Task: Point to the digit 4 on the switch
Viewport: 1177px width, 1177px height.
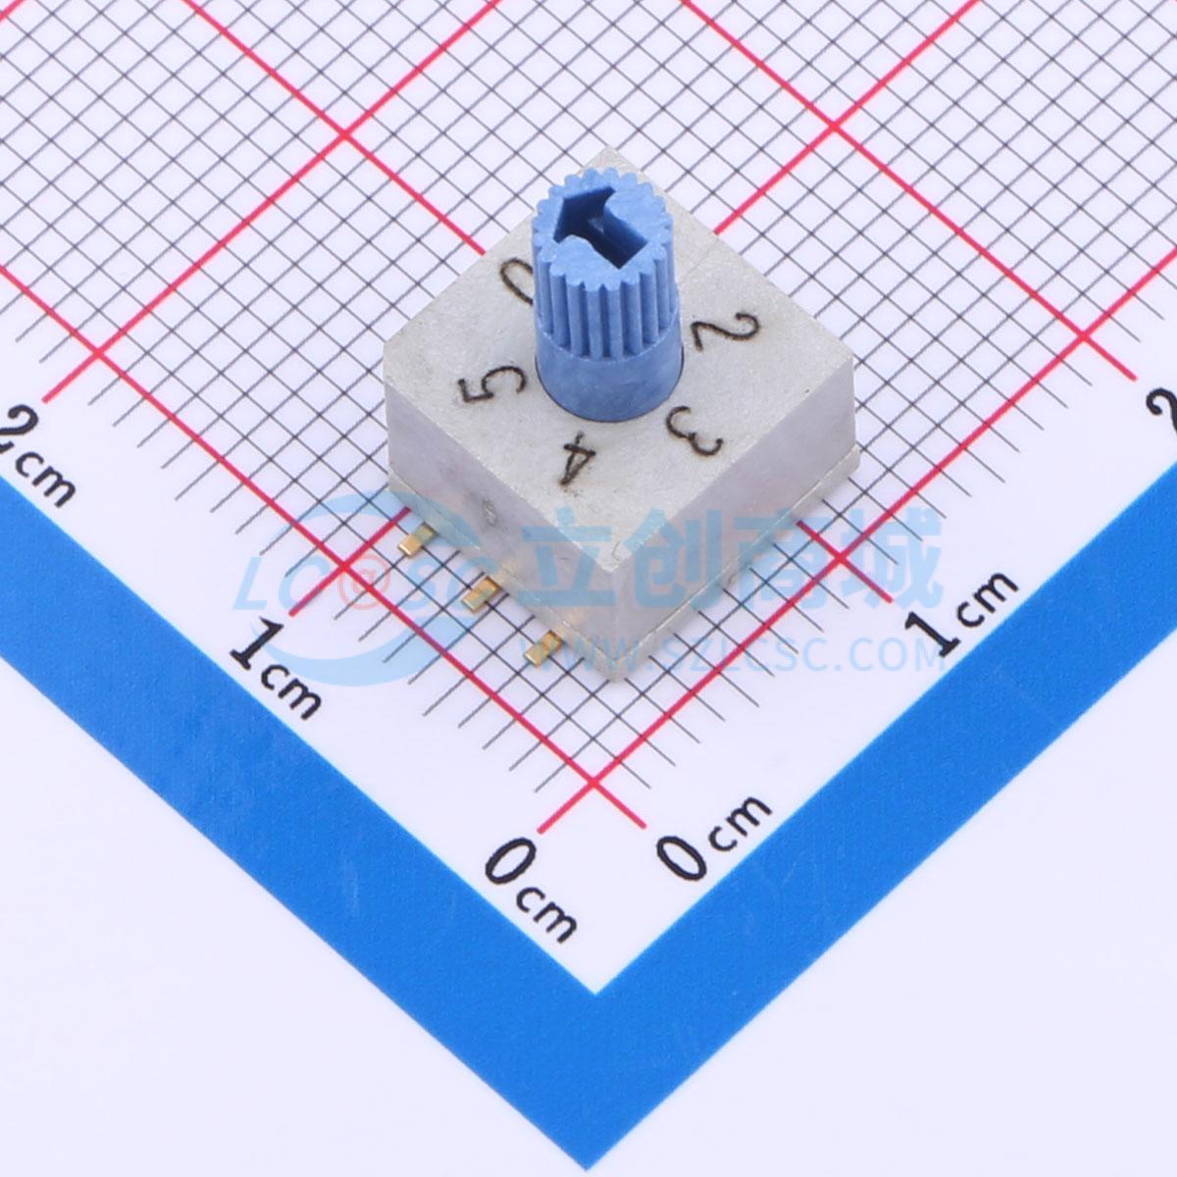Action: coord(577,461)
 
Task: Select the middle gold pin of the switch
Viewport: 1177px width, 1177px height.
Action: coord(480,593)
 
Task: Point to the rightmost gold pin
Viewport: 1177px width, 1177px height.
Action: coord(544,646)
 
